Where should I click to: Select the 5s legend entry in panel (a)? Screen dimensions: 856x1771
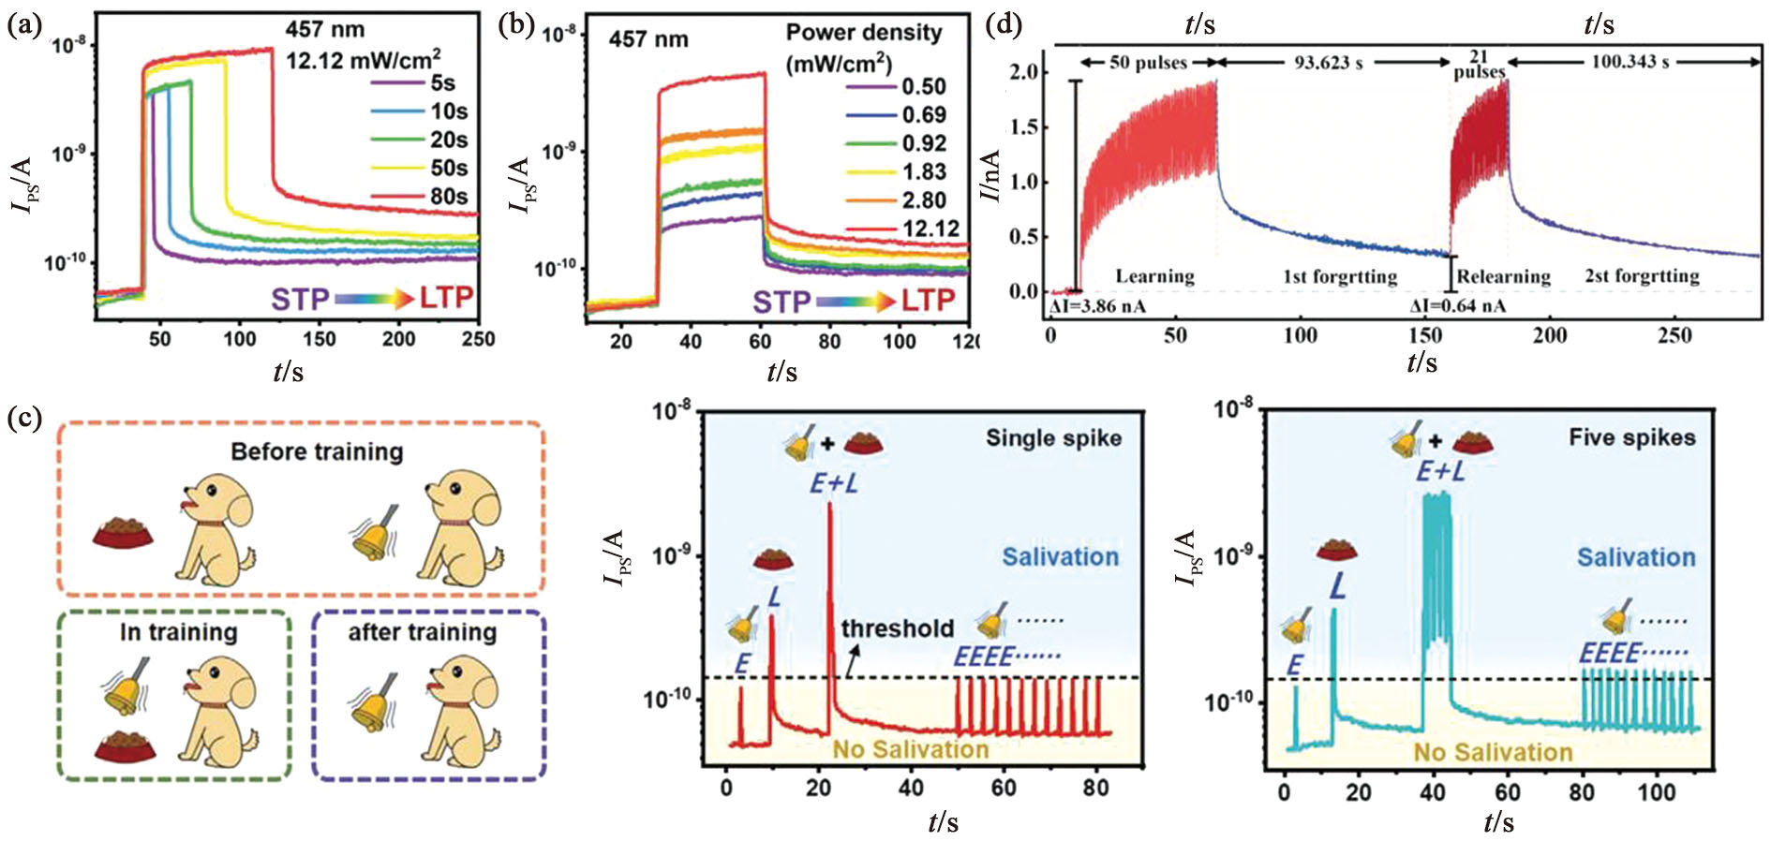point(443,83)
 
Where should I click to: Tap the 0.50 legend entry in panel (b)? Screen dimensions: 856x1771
point(924,87)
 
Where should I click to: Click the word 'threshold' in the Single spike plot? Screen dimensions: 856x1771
point(897,628)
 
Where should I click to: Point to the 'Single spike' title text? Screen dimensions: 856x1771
point(1053,437)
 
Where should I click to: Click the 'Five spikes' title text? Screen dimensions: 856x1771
point(1631,437)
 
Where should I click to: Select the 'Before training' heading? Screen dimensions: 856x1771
point(317,451)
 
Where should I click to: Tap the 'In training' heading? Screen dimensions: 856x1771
point(178,632)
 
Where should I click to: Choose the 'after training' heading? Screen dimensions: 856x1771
point(422,632)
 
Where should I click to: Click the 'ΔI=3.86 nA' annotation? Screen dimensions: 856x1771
point(1097,306)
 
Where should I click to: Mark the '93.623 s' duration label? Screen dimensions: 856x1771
point(1328,64)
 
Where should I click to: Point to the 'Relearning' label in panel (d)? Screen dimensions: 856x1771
point(1503,276)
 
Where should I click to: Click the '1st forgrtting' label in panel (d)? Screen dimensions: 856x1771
point(1340,276)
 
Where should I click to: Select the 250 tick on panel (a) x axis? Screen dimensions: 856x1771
point(478,339)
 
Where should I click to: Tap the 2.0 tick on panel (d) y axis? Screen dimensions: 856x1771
point(1024,73)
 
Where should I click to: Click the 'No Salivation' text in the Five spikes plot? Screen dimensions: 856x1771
point(1493,752)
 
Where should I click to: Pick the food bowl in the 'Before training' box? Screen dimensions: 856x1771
point(123,532)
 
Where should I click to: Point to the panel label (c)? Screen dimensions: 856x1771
point(23,418)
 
